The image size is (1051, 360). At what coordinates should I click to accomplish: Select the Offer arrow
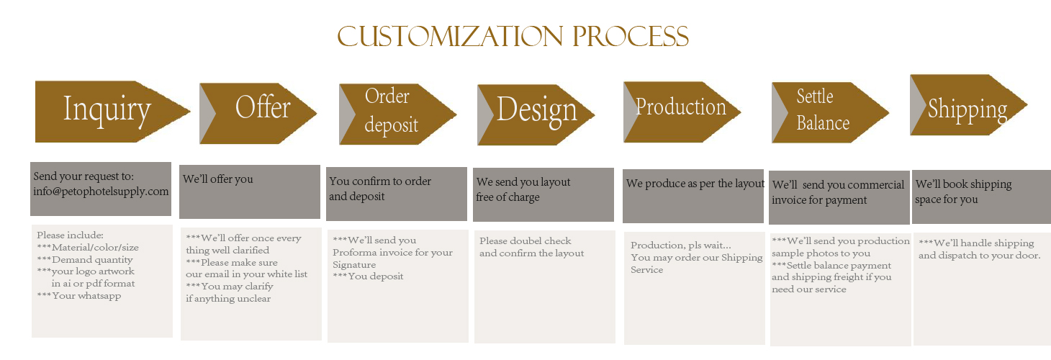point(258,113)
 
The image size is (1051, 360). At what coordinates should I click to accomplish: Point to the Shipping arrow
point(969,105)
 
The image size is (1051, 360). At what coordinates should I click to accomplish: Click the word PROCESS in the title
point(630,37)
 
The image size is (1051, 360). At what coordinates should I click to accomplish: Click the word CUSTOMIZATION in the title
point(450,37)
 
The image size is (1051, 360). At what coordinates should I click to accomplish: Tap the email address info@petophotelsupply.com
point(101,192)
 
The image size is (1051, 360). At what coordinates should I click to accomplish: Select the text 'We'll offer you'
point(217,179)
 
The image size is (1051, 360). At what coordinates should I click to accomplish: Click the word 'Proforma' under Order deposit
point(354,253)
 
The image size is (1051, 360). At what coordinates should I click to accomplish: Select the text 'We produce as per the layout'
point(695,184)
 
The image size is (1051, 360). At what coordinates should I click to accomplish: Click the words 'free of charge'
point(508,197)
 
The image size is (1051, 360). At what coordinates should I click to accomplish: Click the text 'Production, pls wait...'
point(681,246)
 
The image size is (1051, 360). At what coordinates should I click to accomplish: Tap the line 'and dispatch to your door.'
point(979,256)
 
